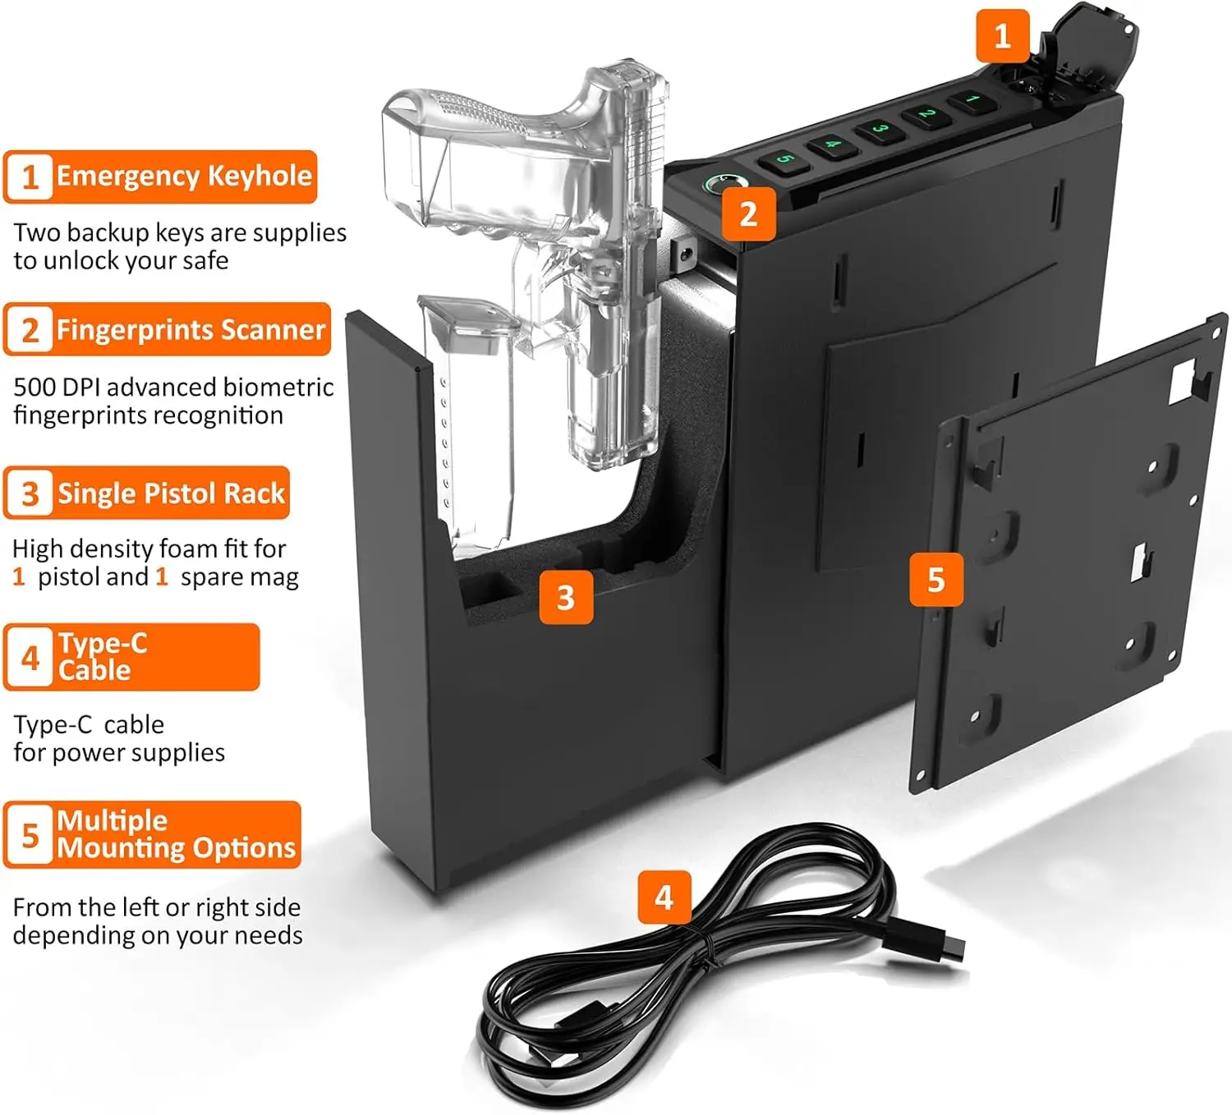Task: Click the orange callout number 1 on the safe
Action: [x=1002, y=36]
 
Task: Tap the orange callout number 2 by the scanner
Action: [x=748, y=214]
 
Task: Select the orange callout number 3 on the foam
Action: [x=566, y=597]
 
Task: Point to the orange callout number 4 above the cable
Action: [x=664, y=897]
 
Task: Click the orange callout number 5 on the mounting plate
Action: [x=935, y=580]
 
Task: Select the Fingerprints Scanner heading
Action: [x=191, y=329]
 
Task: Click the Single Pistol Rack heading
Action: [x=171, y=493]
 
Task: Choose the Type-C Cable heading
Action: [x=103, y=657]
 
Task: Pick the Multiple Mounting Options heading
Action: [x=176, y=834]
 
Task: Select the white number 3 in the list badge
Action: [x=30, y=494]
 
